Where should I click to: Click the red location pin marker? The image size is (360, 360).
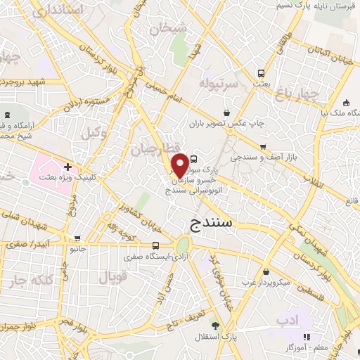181,165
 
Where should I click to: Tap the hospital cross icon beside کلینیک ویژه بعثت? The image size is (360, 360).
67,167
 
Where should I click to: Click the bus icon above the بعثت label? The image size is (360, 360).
262,72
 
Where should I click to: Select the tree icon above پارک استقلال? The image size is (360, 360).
214,326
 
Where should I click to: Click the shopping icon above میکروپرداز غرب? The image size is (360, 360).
265,271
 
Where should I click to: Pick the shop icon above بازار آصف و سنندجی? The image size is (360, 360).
262,148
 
